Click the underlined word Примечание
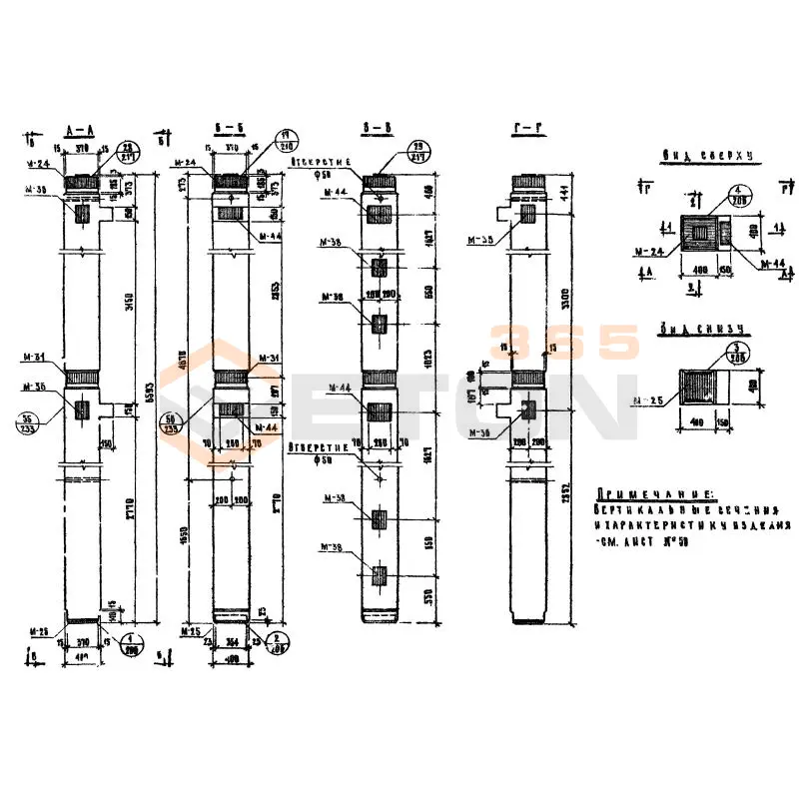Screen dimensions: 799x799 pos(655,494)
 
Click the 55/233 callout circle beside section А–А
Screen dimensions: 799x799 pos(29,420)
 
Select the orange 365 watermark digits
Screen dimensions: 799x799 pos(564,343)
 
